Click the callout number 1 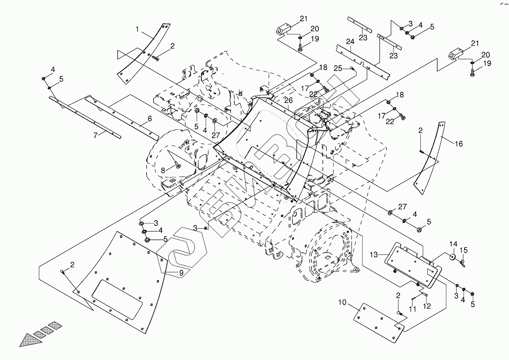(137, 29)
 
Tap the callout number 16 (459, 144)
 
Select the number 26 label (289, 101)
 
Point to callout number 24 (350, 42)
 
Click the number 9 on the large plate (181, 273)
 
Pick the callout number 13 (374, 254)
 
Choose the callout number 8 (163, 171)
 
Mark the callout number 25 (338, 68)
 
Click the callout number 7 (95, 135)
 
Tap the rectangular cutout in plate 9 (117, 294)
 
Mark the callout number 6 (149, 119)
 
